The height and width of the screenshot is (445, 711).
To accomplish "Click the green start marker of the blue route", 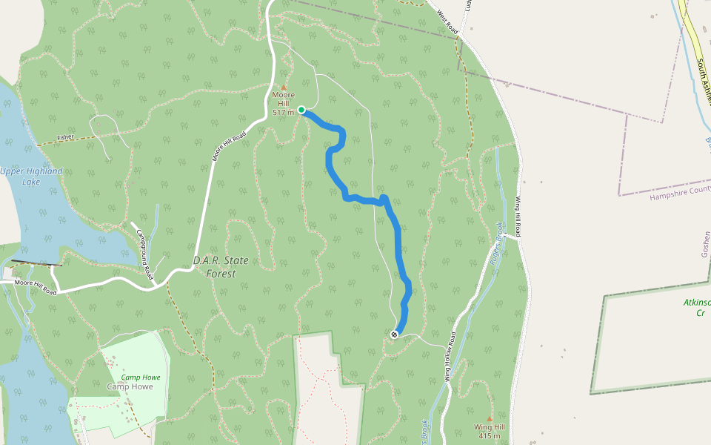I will pos(301,111).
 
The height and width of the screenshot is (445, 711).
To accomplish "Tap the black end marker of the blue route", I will pos(394,334).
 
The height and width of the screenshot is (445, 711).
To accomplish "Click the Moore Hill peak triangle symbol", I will pos(283,87).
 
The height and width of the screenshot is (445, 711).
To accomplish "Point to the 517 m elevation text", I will pos(283,113).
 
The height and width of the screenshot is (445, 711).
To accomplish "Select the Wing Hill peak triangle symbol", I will pos(489,418).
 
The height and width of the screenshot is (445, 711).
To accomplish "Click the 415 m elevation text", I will pos(489,435).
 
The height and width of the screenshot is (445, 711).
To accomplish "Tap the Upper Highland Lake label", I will pos(31,176).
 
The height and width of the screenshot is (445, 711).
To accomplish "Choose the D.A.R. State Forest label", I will pos(221,267).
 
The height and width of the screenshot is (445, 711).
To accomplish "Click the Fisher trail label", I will pos(65,137).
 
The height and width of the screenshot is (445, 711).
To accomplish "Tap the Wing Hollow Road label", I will pos(454,358).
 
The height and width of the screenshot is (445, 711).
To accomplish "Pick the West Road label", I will pos(447,21).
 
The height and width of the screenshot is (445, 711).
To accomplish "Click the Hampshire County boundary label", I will pos(679,193).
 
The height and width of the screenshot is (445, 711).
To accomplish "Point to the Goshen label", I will pos(705,244).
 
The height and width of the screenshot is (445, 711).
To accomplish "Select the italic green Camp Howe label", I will pos(141,378).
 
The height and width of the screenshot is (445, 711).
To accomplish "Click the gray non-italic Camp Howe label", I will pos(130,386).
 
